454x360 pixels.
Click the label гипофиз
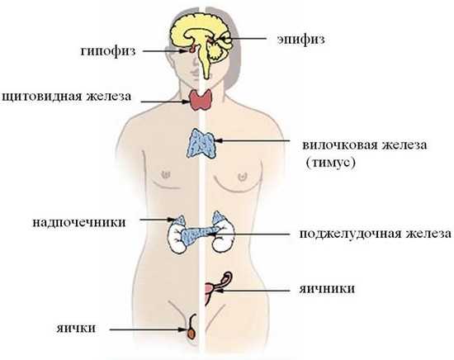tap(107, 51)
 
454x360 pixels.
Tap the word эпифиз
tap(300, 40)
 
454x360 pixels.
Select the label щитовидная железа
tap(66, 97)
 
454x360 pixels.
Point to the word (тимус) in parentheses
tap(330, 163)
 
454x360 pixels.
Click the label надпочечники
tap(79, 223)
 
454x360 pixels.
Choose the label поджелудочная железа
tap(375, 234)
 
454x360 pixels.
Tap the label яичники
tap(327, 289)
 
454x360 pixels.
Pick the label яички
tap(76, 329)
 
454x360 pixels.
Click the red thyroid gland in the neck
tap(201, 100)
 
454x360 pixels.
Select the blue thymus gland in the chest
tap(201, 144)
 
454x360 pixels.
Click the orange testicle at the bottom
tap(191, 333)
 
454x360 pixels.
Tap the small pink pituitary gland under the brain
tap(192, 50)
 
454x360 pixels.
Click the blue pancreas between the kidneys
tap(198, 234)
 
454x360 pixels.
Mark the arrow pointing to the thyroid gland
tap(165, 102)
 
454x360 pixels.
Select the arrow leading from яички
tap(148, 329)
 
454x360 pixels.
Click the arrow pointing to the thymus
tap(253, 140)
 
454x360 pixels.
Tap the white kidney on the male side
tap(177, 239)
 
